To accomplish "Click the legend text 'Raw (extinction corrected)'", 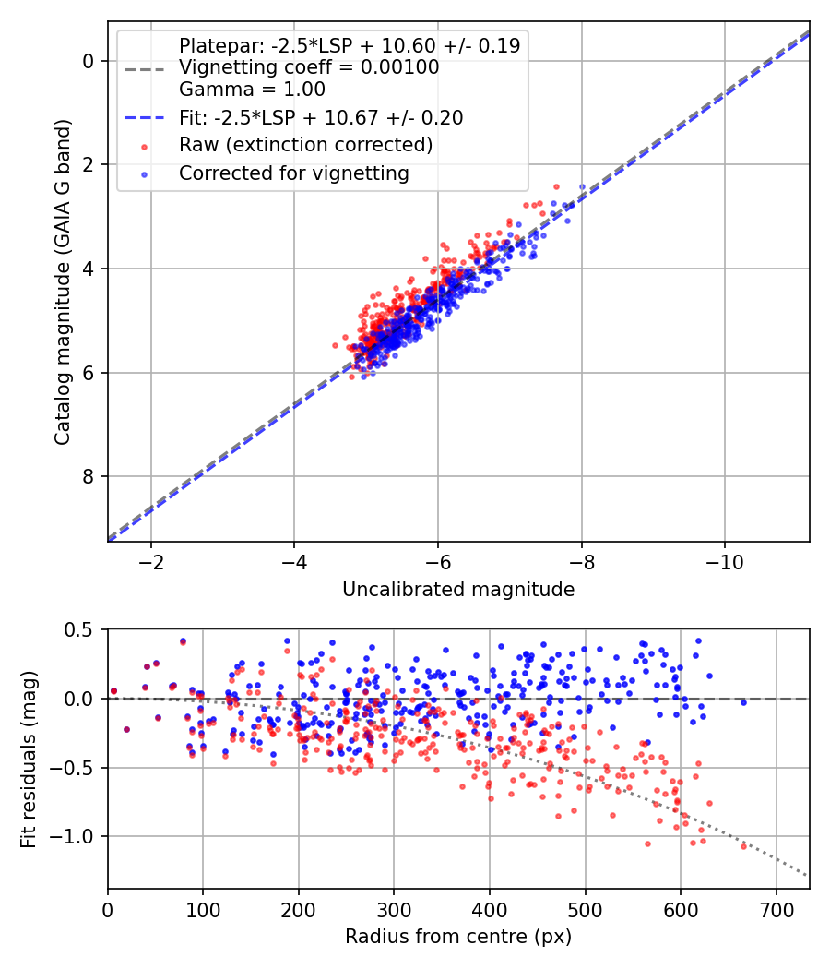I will pyautogui.click(x=305, y=145).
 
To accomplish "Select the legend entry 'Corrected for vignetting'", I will pyautogui.click(x=293, y=173).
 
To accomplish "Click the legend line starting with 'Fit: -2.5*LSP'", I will pyautogui.click(x=320, y=117).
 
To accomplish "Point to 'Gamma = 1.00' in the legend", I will pyautogui.click(x=252, y=90).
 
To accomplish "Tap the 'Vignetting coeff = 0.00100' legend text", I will pyautogui.click(x=309, y=67).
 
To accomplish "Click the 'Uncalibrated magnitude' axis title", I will pyautogui.click(x=458, y=590).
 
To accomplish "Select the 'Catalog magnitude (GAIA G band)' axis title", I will pyautogui.click(x=63, y=281).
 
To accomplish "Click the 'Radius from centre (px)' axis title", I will pyautogui.click(x=458, y=937).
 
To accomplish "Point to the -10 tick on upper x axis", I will pyautogui.click(x=724, y=562).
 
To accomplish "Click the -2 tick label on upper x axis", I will pyautogui.click(x=151, y=562).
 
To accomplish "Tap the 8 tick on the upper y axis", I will pyautogui.click(x=89, y=476).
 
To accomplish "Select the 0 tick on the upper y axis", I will pyautogui.click(x=89, y=61).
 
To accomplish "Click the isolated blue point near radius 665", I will pyautogui.click(x=743, y=702).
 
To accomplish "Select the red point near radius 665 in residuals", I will pyautogui.click(x=743, y=845).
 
